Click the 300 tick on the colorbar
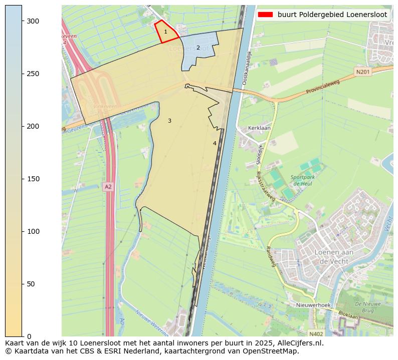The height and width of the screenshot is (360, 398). coord(22,21)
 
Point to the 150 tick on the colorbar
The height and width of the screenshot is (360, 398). coord(22,179)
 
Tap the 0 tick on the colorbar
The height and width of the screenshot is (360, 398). coord(22,336)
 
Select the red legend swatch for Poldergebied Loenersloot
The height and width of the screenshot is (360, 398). coord(265,15)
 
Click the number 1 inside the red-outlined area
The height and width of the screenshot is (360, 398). coord(165,32)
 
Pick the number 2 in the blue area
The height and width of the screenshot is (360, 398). coord(198,48)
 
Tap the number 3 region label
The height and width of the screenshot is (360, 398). coord(169,121)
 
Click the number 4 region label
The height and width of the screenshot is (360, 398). coord(215,143)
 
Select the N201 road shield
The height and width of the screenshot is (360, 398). coord(363,72)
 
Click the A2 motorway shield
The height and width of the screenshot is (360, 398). coord(108,186)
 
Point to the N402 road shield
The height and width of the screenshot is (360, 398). coord(316,333)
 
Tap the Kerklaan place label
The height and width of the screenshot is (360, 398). coord(260,128)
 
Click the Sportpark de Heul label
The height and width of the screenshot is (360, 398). coord(303,180)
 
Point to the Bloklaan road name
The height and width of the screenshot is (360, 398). coord(348,315)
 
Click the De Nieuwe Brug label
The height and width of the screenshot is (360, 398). coord(367,307)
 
